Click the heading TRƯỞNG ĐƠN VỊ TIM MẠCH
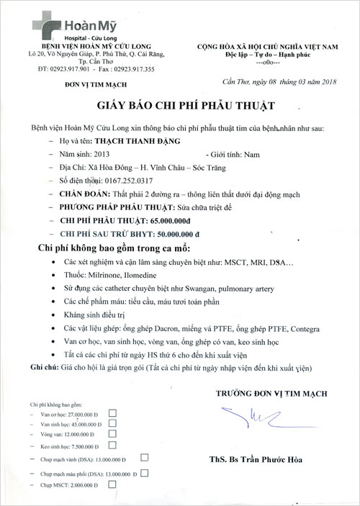(271, 393)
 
